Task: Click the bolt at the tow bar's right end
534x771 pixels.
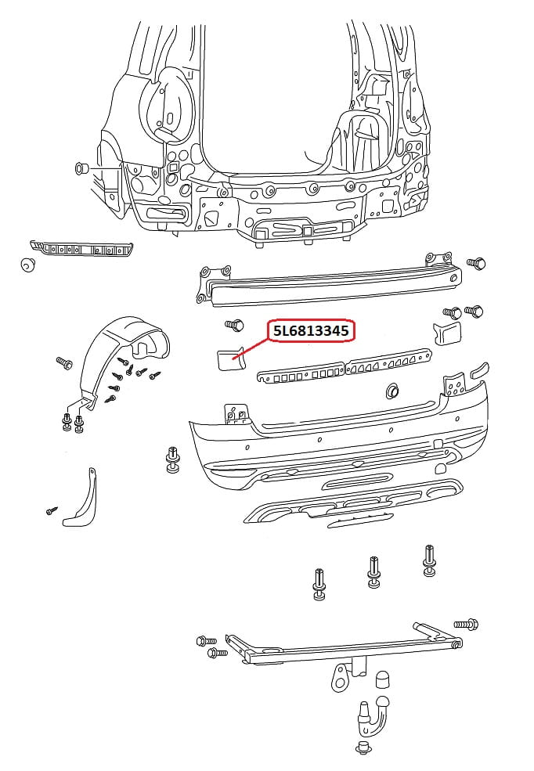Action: [x=465, y=625]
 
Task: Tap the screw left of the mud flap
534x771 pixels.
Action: [x=52, y=510]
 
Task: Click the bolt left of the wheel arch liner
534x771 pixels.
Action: [x=63, y=363]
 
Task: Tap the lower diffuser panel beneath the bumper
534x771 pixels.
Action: [x=352, y=505]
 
